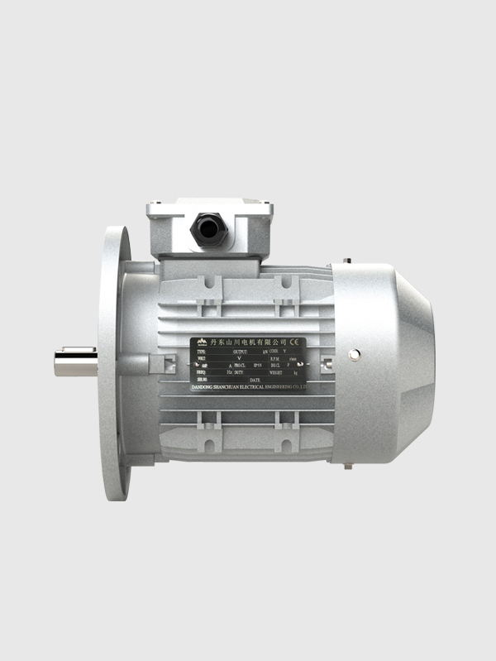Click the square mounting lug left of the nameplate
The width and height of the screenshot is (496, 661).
tap(169, 364)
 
